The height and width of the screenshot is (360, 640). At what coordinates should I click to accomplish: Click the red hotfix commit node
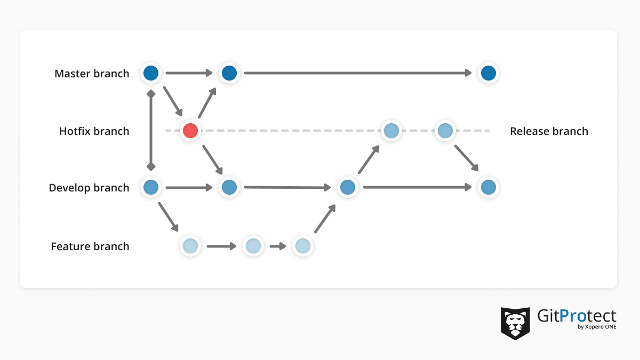click(190, 131)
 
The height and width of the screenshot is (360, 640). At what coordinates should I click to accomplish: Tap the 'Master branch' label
click(92, 74)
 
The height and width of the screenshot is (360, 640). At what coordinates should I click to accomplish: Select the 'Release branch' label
click(549, 131)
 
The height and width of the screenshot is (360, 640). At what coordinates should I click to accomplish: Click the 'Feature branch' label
click(90, 246)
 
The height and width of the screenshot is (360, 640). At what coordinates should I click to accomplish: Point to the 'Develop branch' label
click(89, 188)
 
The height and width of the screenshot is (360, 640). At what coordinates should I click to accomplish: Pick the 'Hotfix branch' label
click(94, 131)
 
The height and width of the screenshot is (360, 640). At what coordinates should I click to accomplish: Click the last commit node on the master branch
click(489, 73)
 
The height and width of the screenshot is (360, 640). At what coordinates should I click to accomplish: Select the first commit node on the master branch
click(151, 73)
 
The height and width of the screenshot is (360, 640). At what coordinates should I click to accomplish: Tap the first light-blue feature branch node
click(190, 246)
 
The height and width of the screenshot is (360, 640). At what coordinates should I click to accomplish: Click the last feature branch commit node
click(303, 246)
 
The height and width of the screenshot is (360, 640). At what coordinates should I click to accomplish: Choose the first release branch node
click(391, 131)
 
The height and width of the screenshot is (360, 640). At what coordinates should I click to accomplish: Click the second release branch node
click(445, 131)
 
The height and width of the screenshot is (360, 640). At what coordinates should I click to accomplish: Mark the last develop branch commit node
click(489, 187)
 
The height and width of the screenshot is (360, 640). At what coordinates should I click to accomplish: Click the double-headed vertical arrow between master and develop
click(151, 130)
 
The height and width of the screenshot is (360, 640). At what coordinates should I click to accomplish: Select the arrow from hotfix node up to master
click(207, 103)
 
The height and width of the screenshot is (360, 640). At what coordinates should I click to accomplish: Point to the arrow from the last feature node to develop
click(325, 219)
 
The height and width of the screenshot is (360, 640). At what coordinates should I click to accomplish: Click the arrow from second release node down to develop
click(466, 158)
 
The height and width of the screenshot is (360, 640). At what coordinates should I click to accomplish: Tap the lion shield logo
click(515, 323)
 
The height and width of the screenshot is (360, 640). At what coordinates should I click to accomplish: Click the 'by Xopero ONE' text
click(597, 327)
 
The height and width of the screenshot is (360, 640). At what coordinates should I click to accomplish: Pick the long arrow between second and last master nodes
click(358, 73)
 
